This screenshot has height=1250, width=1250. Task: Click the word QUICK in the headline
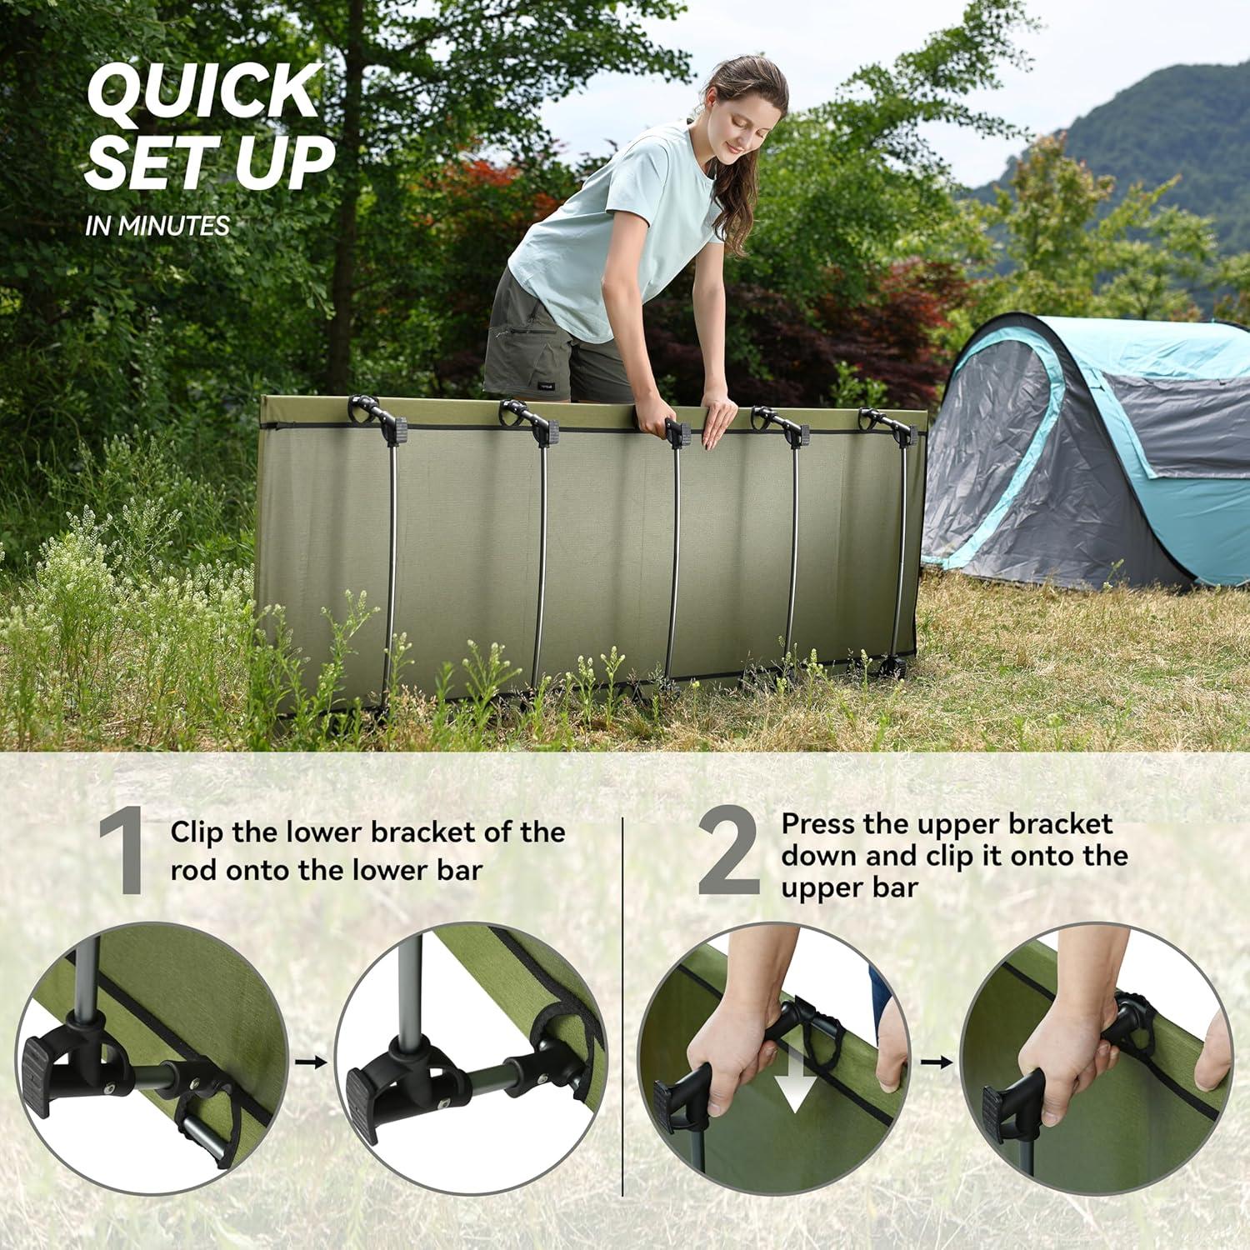[x=204, y=92]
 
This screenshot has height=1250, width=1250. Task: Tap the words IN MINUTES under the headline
[x=157, y=226]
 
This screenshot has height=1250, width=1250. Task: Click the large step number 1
[x=122, y=856]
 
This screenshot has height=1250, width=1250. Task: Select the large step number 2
[x=727, y=856]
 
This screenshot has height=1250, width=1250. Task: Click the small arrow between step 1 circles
[x=311, y=1062]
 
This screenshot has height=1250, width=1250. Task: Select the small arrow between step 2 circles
[x=936, y=1062]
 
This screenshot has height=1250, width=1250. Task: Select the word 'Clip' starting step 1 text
[x=198, y=832]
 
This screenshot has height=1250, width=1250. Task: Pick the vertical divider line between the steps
[x=623, y=1000]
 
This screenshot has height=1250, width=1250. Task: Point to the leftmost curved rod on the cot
[x=390, y=567]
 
